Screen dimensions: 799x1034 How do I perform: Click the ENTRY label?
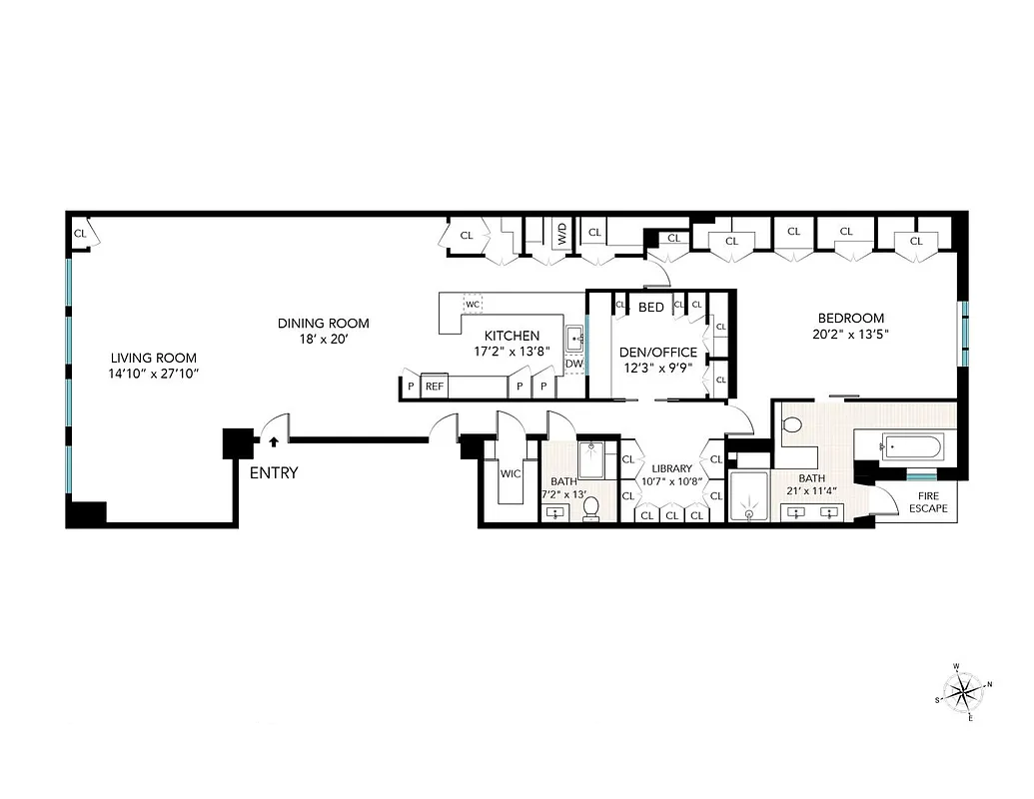click(x=274, y=473)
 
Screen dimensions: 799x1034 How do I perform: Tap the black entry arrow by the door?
click(x=273, y=439)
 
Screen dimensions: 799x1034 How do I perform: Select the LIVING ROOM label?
click(x=153, y=358)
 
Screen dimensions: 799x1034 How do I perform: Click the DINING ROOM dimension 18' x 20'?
click(x=323, y=340)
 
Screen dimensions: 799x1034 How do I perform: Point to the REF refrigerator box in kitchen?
click(x=435, y=387)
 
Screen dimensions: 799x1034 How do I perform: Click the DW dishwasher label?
click(x=573, y=364)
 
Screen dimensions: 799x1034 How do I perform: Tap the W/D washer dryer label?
click(x=562, y=236)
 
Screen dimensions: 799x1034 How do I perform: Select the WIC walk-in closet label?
click(x=511, y=473)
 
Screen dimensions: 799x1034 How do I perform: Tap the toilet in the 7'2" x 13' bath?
click(x=590, y=508)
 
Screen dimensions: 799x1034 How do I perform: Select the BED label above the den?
click(x=651, y=307)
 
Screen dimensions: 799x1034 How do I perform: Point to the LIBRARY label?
click(x=671, y=468)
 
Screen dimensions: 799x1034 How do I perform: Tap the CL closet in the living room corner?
click(x=80, y=234)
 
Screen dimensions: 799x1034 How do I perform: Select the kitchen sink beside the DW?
click(x=575, y=340)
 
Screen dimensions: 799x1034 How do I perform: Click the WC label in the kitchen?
click(x=474, y=303)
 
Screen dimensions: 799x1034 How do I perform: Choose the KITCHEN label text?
click(x=512, y=336)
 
